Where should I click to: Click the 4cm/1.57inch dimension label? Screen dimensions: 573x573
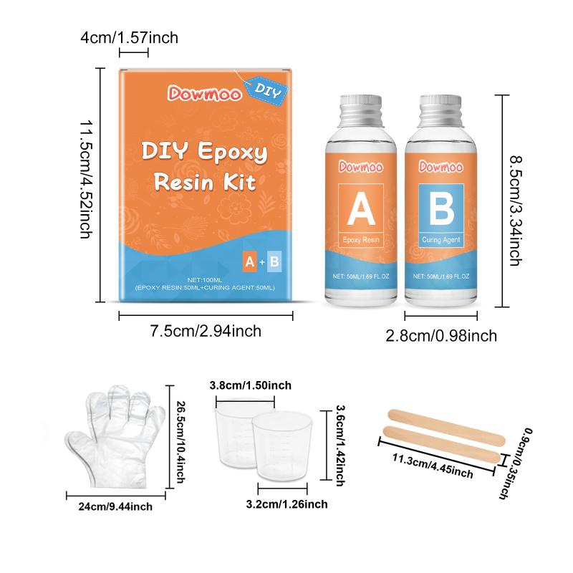(x=130, y=38)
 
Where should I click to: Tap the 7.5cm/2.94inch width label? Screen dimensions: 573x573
(x=206, y=332)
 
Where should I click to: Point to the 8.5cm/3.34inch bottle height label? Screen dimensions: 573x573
(x=516, y=211)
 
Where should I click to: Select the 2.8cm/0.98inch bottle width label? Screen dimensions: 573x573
(x=441, y=336)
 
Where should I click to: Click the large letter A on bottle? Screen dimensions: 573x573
(x=361, y=208)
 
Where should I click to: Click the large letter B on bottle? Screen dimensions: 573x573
(x=441, y=208)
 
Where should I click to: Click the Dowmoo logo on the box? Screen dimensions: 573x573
(x=205, y=93)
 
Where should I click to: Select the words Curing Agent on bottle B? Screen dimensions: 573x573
(x=441, y=240)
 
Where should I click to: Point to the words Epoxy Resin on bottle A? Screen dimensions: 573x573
(x=361, y=240)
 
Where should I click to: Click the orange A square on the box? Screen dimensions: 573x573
(x=249, y=261)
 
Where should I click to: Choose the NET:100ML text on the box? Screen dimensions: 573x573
(x=205, y=280)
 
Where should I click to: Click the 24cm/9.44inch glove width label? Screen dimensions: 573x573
(x=115, y=506)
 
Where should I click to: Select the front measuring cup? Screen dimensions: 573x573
(x=282, y=446)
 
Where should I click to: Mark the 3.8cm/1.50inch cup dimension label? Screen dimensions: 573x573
(x=251, y=385)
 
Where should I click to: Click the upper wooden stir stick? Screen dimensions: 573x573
(x=446, y=428)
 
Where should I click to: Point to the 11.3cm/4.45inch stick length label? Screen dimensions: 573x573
(x=433, y=466)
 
